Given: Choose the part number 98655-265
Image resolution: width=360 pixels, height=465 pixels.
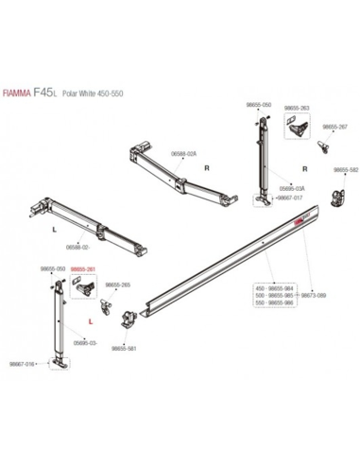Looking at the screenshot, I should tap(118, 284).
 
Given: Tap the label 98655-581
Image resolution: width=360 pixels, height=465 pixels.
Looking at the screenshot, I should tap(124, 347).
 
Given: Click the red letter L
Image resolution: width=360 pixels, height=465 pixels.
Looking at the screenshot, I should tap(89, 321).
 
